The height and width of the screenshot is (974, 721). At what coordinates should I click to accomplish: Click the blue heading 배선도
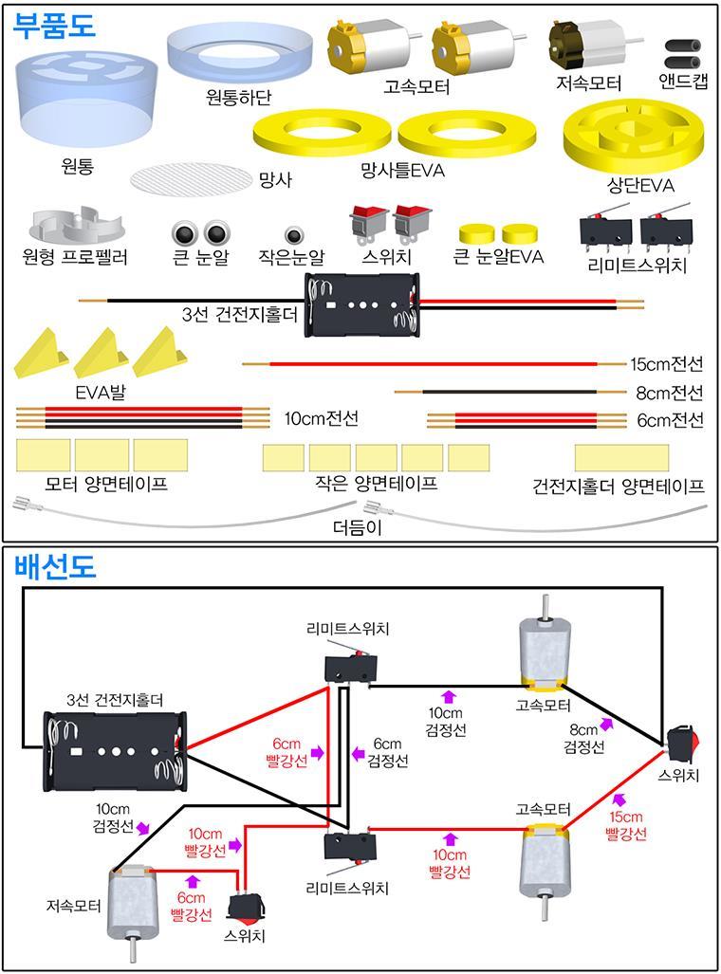(53, 567)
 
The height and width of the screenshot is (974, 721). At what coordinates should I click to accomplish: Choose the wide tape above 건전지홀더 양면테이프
(620, 457)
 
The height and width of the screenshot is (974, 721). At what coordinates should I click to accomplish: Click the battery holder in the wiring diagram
(116, 749)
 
